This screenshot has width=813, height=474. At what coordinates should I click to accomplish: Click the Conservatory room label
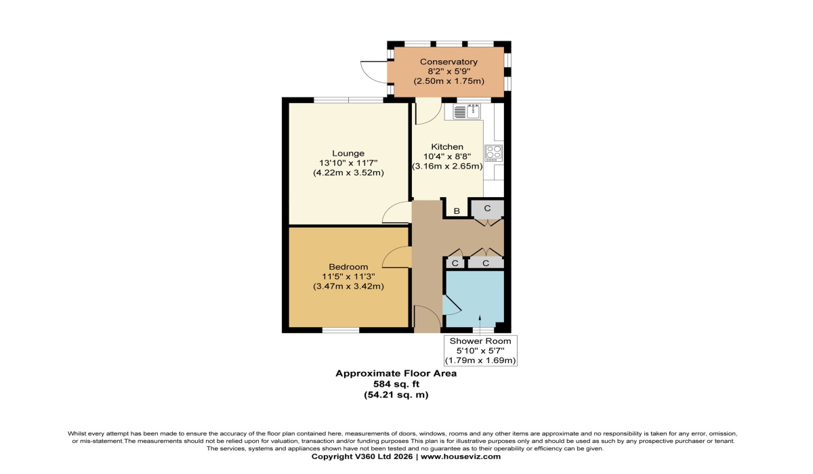click(448, 62)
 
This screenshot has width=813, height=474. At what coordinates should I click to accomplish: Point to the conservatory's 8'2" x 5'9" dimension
click(448, 71)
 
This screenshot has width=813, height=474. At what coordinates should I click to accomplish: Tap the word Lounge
click(348, 153)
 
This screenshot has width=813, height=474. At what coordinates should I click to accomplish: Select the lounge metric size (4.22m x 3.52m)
click(348, 173)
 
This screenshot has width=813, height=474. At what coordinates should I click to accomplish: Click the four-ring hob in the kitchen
click(493, 153)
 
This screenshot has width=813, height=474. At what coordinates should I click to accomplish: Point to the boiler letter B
click(457, 211)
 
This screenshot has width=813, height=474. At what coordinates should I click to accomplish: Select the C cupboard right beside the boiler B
click(487, 209)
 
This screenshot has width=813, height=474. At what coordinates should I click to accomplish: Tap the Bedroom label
click(348, 266)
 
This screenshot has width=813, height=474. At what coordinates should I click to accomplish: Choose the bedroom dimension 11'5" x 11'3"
click(348, 276)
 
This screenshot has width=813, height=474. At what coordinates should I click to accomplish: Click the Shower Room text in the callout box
click(480, 341)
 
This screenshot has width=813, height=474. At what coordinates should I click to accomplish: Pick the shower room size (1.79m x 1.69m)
click(480, 360)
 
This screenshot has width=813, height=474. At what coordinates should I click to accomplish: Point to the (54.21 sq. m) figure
click(396, 394)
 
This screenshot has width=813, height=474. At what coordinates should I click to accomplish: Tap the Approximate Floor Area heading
click(396, 373)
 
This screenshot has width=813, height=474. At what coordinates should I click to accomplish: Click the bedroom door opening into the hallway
click(398, 257)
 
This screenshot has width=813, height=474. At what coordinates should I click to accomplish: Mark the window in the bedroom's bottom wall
click(340, 330)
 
